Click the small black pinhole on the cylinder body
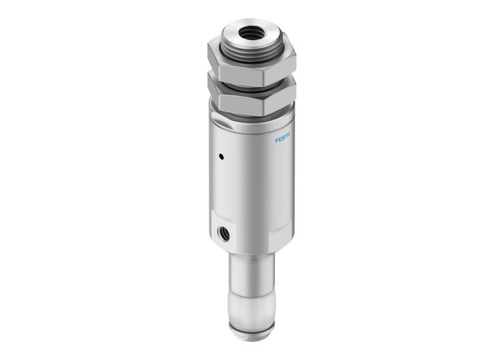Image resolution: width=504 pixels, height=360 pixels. point(222,155)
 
